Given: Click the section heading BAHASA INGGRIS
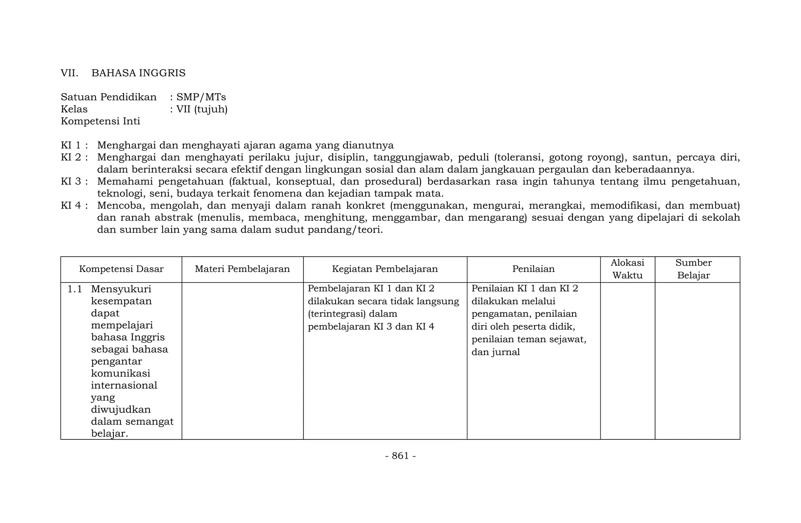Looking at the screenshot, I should (138, 73).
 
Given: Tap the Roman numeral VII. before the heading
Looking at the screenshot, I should (70, 73).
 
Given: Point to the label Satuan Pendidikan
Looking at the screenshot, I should (109, 97).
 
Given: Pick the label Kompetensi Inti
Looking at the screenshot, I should (101, 121).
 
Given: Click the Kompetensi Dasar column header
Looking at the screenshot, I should (121, 269).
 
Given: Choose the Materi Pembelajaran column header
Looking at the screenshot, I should (242, 269).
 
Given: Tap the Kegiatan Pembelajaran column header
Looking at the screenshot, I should (385, 269).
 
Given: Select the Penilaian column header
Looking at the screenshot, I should (533, 269).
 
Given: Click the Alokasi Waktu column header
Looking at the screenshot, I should (627, 269).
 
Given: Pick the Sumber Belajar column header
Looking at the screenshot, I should (693, 269).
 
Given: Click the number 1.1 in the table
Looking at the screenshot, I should (75, 289).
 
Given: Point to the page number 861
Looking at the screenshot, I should (400, 456).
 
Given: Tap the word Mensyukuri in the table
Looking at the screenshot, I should (121, 289).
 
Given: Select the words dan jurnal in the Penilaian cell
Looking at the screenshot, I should (496, 352).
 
